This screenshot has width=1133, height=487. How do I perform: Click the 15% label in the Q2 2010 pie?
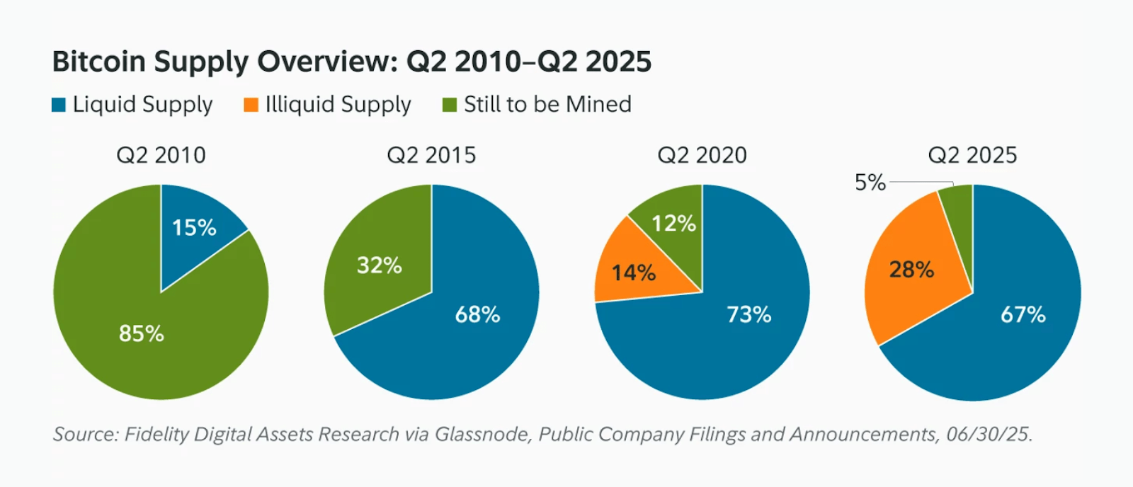194,228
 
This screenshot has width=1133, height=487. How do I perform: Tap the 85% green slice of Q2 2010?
142,333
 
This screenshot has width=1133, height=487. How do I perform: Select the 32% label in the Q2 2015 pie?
379,265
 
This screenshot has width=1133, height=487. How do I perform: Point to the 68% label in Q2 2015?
477,314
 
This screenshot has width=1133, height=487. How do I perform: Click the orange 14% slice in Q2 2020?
633,273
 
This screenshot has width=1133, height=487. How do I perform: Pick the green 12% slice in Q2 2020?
673,224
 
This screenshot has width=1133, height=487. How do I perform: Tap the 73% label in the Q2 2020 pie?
748,314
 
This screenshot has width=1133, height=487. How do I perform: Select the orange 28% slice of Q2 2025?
911,270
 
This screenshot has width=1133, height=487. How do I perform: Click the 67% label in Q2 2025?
1023,314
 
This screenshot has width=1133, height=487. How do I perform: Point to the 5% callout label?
870,183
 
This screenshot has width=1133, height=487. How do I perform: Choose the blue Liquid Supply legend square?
59,105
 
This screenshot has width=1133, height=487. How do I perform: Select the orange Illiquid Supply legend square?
251,105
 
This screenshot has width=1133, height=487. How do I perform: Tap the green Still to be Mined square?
449,105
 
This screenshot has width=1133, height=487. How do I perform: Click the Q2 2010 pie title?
161,155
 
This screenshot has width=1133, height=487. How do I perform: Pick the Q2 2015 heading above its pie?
431,155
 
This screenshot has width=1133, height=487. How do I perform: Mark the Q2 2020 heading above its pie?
702,155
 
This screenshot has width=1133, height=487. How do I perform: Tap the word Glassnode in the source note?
482,434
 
